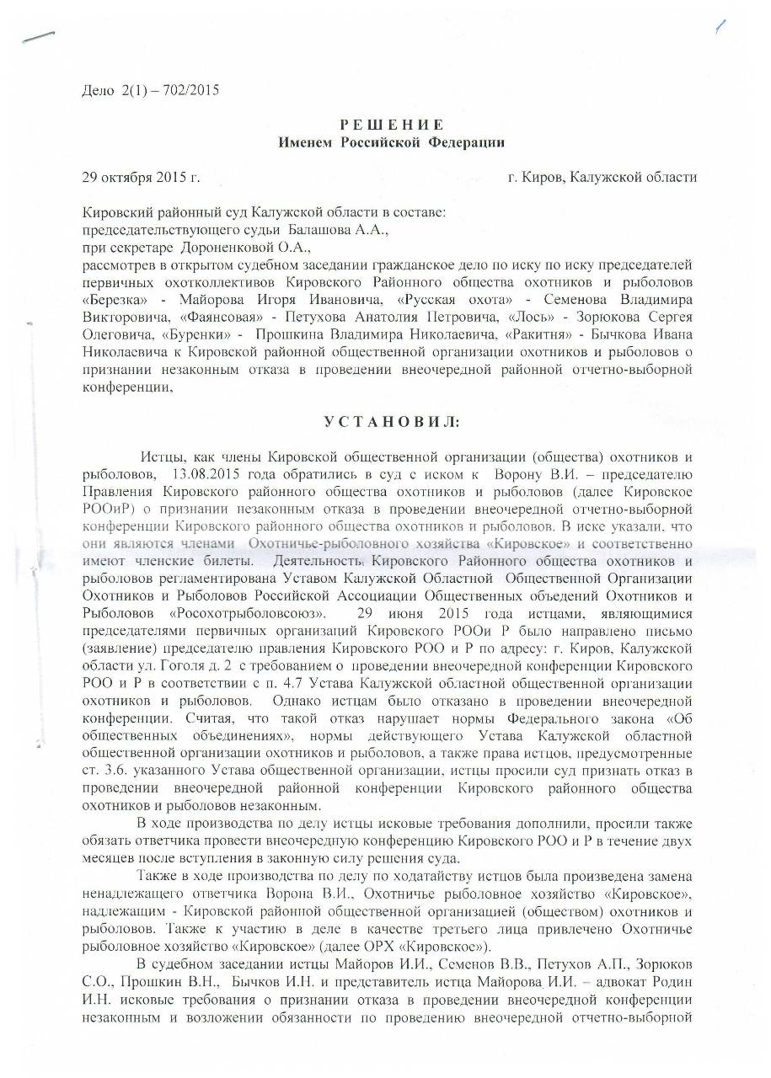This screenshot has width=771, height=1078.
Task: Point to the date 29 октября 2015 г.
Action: (x=140, y=177)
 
